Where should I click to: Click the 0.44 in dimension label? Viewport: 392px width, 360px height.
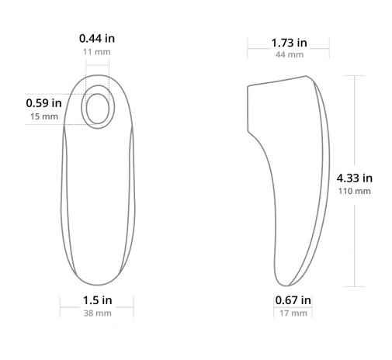point(97,39)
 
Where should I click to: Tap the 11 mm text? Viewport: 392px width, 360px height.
point(97,52)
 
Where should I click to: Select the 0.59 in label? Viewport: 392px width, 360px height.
point(43,103)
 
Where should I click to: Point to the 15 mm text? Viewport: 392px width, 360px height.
point(44,116)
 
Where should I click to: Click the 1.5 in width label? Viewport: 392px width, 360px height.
point(97,300)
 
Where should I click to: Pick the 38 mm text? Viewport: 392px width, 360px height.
point(97,313)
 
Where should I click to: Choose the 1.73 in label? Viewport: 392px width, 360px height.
point(289,43)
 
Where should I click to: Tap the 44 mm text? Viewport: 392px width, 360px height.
point(290,54)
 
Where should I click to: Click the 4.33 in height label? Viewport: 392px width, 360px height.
point(355,178)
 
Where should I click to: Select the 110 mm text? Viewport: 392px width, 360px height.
point(354,191)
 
